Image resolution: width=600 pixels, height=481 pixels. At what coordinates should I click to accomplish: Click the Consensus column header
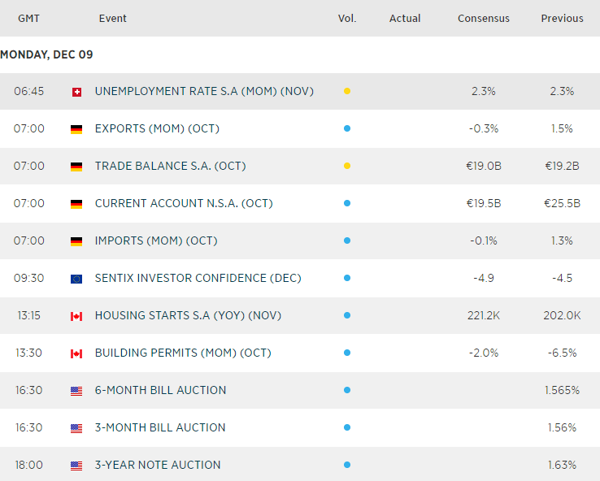pyautogui.click(x=484, y=18)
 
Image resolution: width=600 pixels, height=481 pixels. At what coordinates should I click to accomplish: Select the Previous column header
pyautogui.click(x=562, y=18)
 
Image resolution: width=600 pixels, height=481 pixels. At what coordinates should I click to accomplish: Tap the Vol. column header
pyautogui.click(x=347, y=18)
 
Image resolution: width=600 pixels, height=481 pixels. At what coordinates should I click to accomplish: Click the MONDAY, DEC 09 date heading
pyautogui.click(x=46, y=54)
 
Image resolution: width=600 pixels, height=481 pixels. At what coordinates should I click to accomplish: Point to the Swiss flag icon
pyautogui.click(x=76, y=92)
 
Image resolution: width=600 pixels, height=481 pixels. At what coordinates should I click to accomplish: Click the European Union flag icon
pyautogui.click(x=76, y=279)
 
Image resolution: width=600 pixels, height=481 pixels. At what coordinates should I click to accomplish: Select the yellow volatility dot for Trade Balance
pyautogui.click(x=347, y=166)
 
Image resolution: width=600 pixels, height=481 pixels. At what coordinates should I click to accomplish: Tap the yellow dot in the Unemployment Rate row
pyautogui.click(x=347, y=91)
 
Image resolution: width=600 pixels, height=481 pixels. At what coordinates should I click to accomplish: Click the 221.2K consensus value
pyautogui.click(x=485, y=315)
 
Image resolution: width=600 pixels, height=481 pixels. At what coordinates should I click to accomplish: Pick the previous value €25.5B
pyautogui.click(x=562, y=203)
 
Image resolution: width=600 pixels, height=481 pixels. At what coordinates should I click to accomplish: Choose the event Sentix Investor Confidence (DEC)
pyautogui.click(x=198, y=278)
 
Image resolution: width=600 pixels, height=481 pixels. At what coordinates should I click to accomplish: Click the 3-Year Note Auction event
pyautogui.click(x=158, y=465)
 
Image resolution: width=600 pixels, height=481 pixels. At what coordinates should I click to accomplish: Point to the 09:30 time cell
pyautogui.click(x=29, y=278)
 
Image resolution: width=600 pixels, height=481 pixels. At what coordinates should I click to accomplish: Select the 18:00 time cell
pyautogui.click(x=29, y=465)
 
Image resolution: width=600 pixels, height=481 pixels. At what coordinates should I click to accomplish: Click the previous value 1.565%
pyautogui.click(x=562, y=390)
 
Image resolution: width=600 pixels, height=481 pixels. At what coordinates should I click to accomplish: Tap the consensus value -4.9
pyautogui.click(x=485, y=278)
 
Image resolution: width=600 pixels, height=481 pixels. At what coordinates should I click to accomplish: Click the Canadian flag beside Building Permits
pyautogui.click(x=76, y=353)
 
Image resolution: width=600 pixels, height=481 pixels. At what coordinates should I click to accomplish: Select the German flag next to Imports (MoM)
pyautogui.click(x=76, y=241)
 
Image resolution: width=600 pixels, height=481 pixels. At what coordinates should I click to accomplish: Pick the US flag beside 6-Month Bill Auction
pyautogui.click(x=76, y=391)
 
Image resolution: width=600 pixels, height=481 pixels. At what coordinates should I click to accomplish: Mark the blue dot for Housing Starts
pyautogui.click(x=347, y=315)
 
